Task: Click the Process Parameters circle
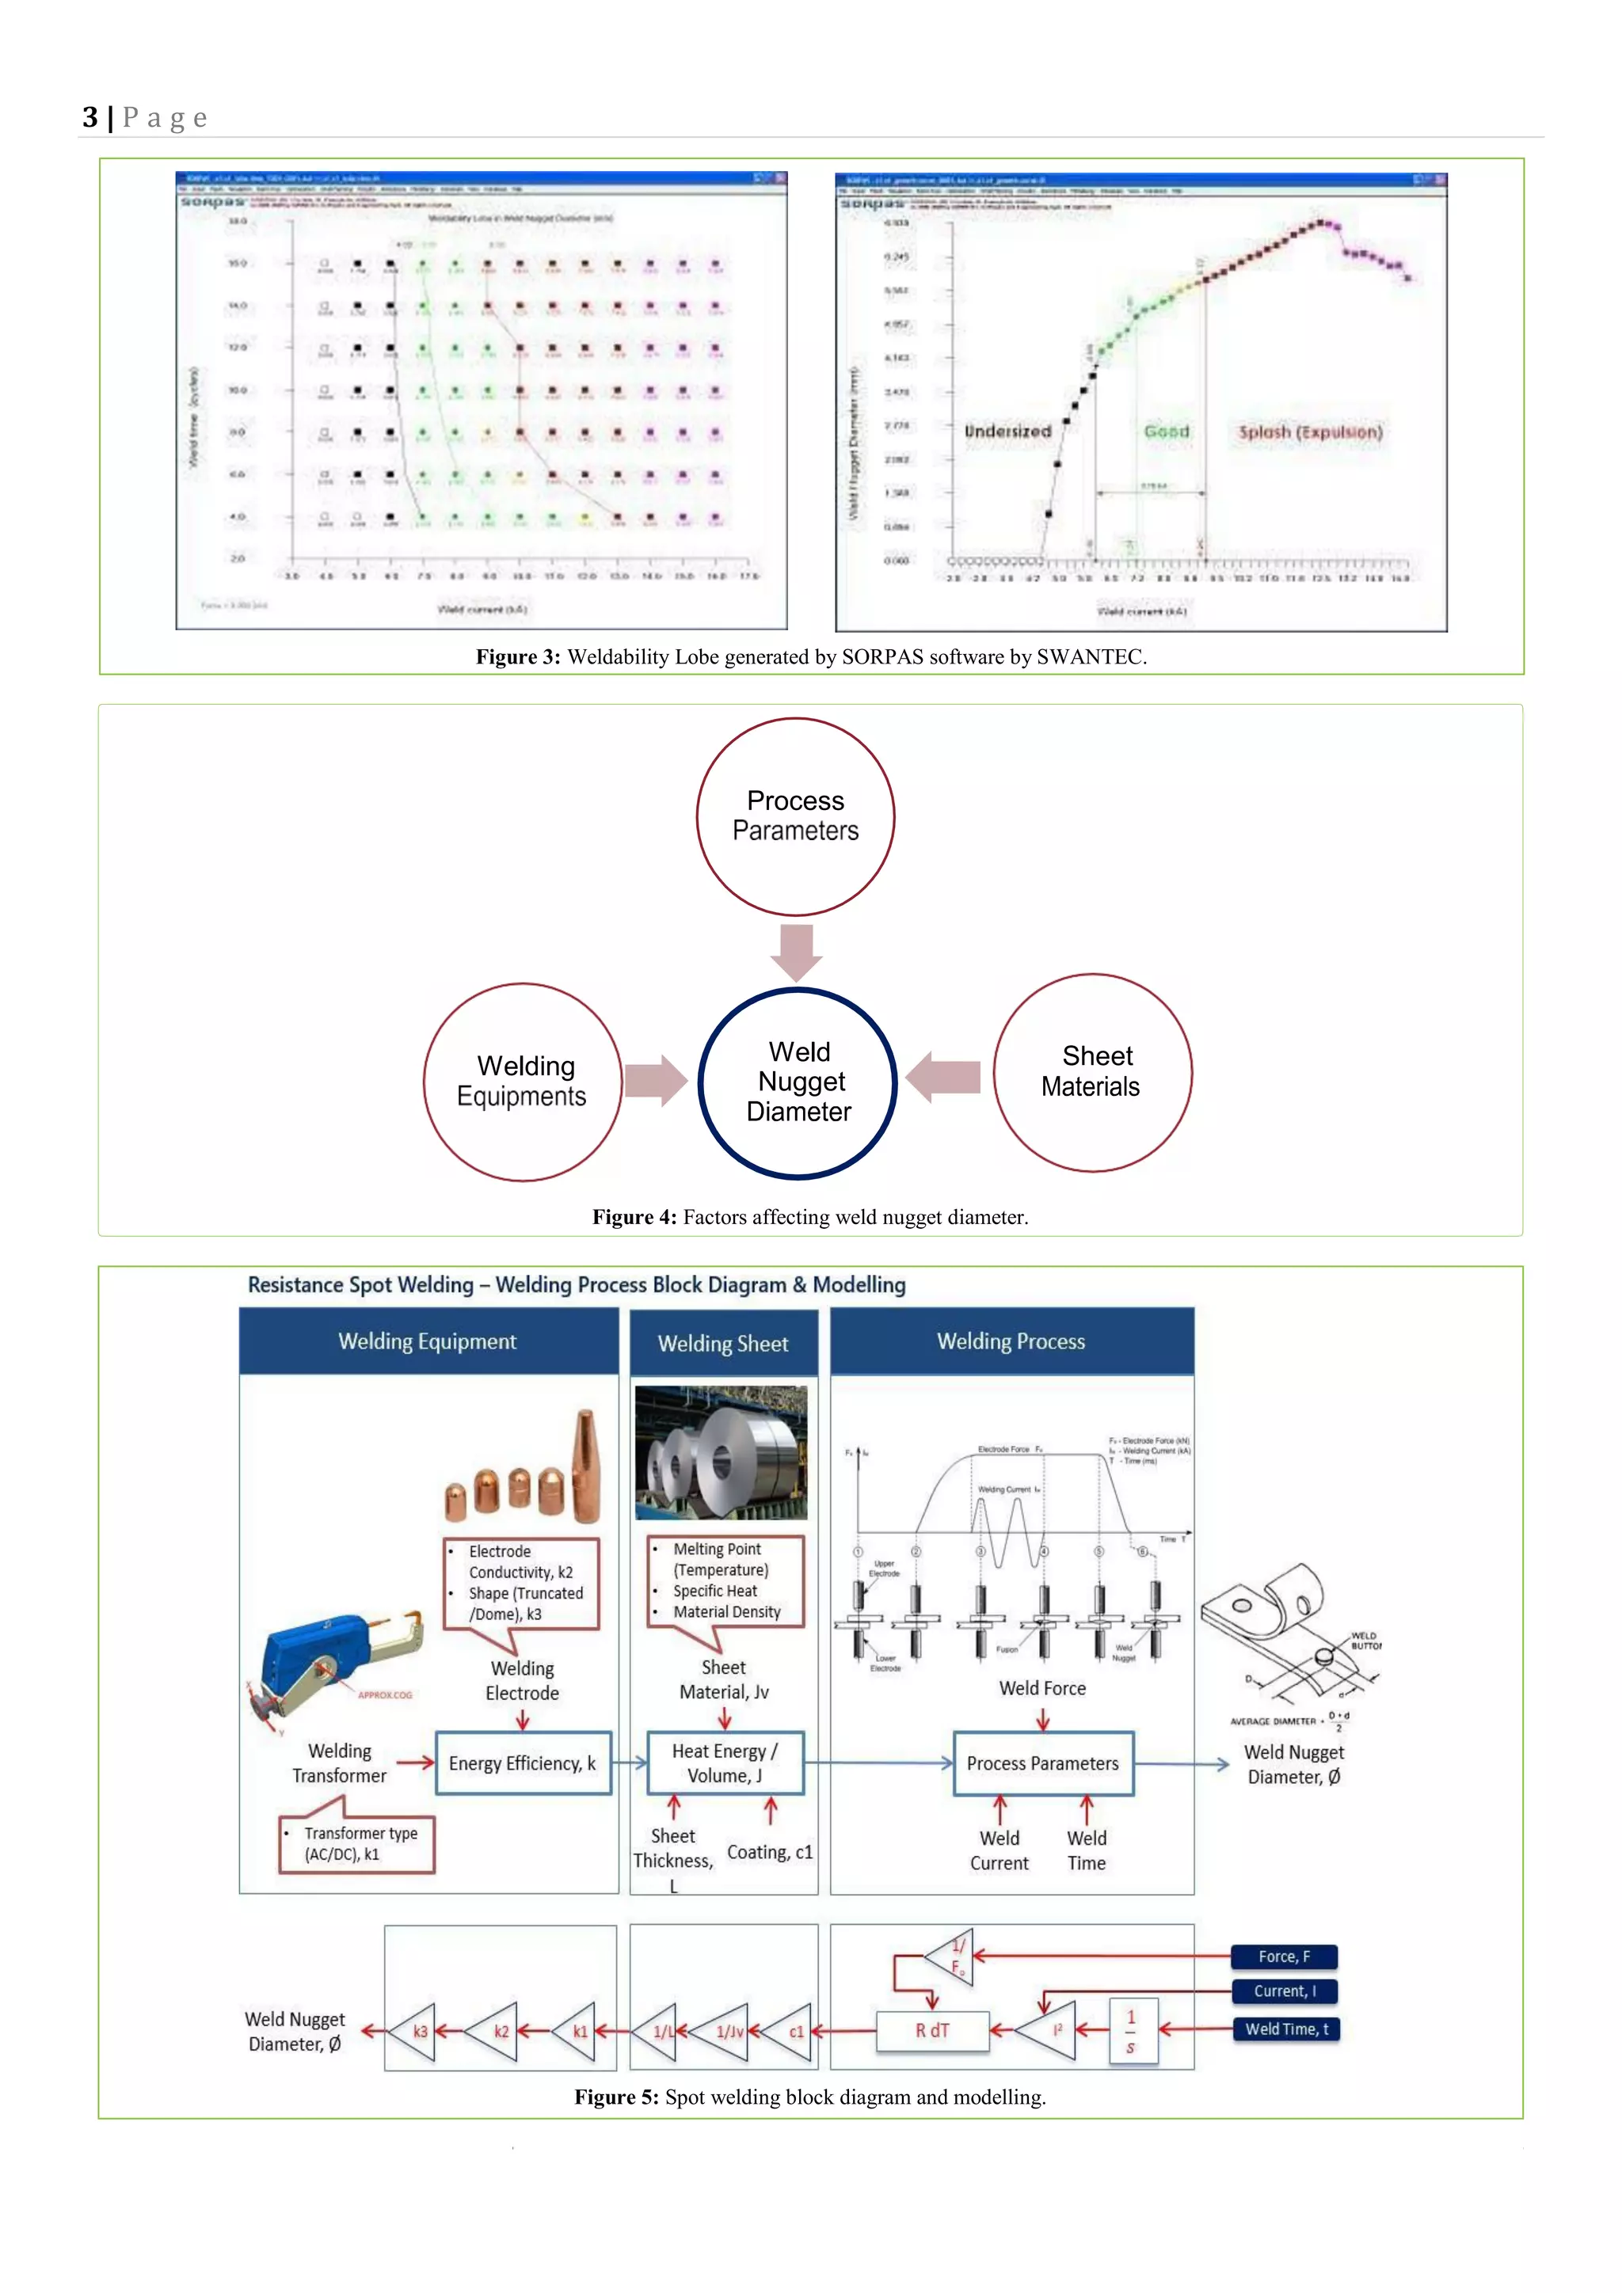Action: click(795, 816)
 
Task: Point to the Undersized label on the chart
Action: click(1007, 432)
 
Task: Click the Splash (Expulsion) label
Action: click(1311, 432)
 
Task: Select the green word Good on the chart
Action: click(1166, 432)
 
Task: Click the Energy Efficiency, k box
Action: click(523, 1763)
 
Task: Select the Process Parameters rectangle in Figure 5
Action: click(1043, 1763)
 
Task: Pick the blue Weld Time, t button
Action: click(1285, 2029)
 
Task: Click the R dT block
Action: click(932, 2030)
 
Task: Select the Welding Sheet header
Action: click(723, 1343)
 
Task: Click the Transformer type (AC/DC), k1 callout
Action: click(356, 1843)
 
